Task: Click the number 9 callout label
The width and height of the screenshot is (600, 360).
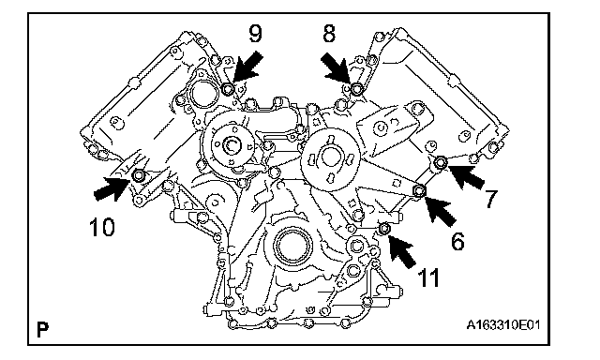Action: pyautogui.click(x=256, y=33)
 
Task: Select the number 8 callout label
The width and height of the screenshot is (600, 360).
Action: pyautogui.click(x=329, y=33)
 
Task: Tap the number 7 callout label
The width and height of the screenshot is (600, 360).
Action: pyautogui.click(x=491, y=198)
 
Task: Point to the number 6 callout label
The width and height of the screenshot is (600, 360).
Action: pyautogui.click(x=457, y=241)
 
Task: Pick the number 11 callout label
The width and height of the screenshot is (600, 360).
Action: pyautogui.click(x=428, y=277)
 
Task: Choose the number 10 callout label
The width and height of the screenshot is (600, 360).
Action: pyautogui.click(x=102, y=227)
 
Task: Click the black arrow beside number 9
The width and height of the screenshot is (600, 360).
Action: pyautogui.click(x=247, y=67)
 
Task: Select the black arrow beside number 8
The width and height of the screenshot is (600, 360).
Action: pyautogui.click(x=336, y=68)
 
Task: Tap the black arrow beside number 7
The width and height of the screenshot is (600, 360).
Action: pyautogui.click(x=466, y=177)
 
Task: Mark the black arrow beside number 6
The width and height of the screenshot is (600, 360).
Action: pyautogui.click(x=440, y=209)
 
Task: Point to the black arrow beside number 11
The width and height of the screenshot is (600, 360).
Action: pyautogui.click(x=402, y=250)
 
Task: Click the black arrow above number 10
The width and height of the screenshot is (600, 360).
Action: pyautogui.click(x=112, y=187)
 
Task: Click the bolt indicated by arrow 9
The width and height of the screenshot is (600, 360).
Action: pyautogui.click(x=228, y=89)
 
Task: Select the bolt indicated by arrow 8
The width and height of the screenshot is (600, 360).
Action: pyautogui.click(x=356, y=89)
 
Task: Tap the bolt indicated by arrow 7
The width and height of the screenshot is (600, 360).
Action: pyautogui.click(x=442, y=162)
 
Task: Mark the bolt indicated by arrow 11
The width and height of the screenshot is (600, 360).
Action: pyautogui.click(x=384, y=229)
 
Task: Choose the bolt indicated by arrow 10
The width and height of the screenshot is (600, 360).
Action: pyautogui.click(x=138, y=175)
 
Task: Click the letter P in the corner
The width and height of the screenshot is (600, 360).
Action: pyautogui.click(x=42, y=329)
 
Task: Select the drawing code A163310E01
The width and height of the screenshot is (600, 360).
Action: pyautogui.click(x=503, y=325)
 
